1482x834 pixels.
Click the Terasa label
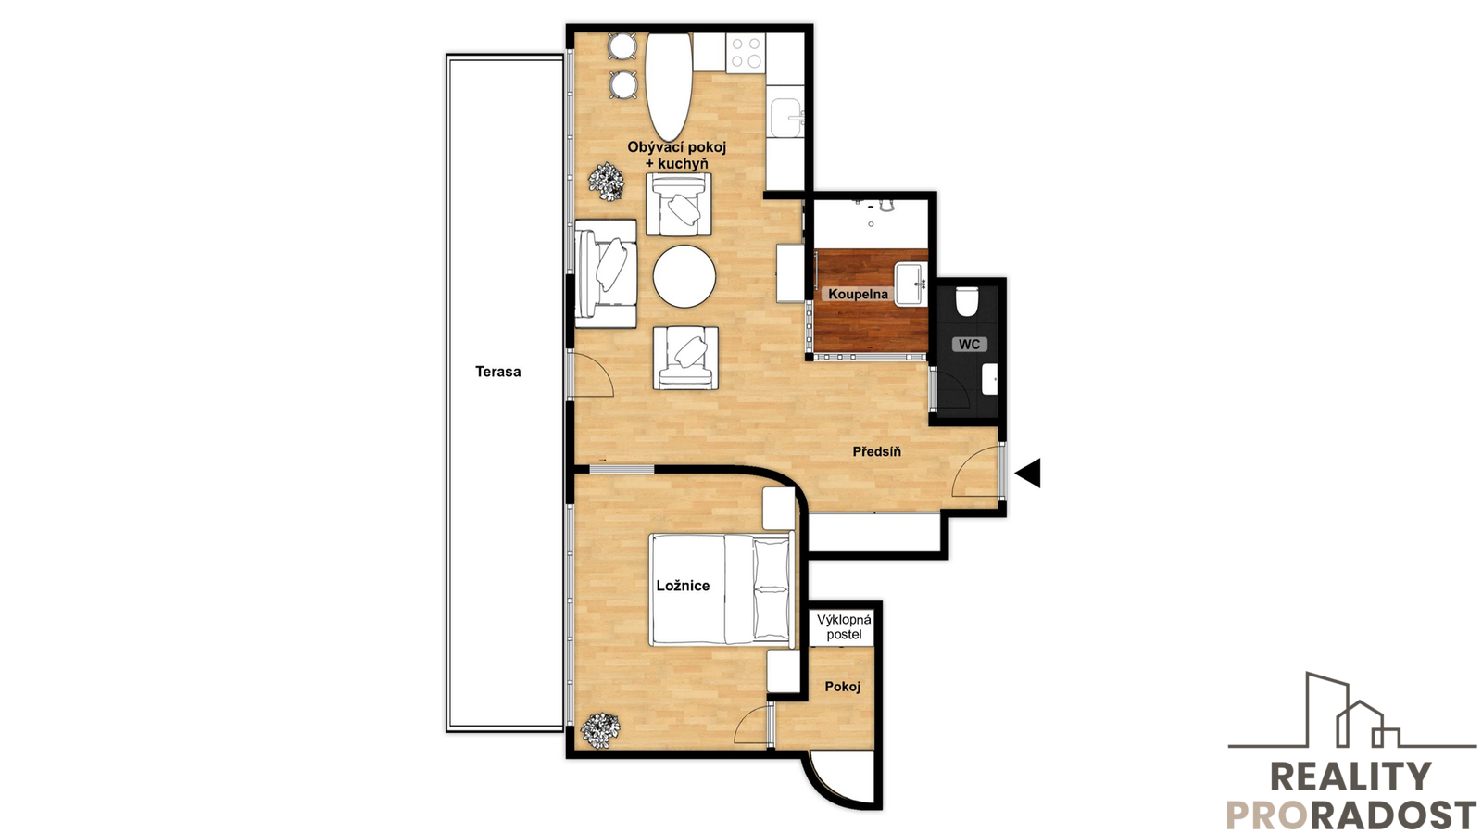497,372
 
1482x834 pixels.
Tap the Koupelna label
858,294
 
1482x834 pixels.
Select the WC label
969,344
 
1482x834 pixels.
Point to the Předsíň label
876,451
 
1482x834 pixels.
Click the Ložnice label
683,586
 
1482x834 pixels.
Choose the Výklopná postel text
844,626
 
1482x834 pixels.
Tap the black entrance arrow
1027,474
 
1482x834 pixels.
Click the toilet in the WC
967,301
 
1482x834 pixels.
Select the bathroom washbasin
911,284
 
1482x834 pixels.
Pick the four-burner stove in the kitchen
746,53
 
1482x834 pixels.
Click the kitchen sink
786,118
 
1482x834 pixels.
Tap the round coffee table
684,276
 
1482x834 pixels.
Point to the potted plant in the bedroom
600,729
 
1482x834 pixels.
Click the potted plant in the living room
607,182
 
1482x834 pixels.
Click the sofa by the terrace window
606,274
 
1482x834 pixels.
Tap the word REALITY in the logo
1350,777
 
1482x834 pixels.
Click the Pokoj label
842,687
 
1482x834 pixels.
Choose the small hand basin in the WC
990,379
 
